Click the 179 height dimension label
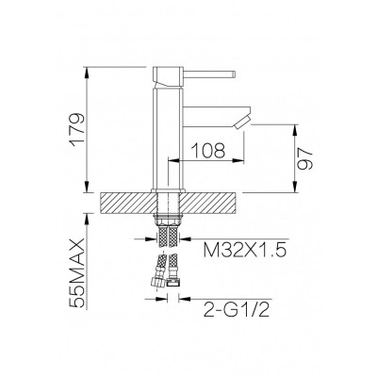click(x=78, y=129)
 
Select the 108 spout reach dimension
click(x=208, y=151)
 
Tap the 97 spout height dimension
click(x=305, y=158)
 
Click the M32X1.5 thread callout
click(x=245, y=251)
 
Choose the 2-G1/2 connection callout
click(x=237, y=309)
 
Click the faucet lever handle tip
click(x=234, y=74)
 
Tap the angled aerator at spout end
click(x=241, y=123)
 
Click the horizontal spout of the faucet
click(x=216, y=117)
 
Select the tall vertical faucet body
click(x=167, y=139)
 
